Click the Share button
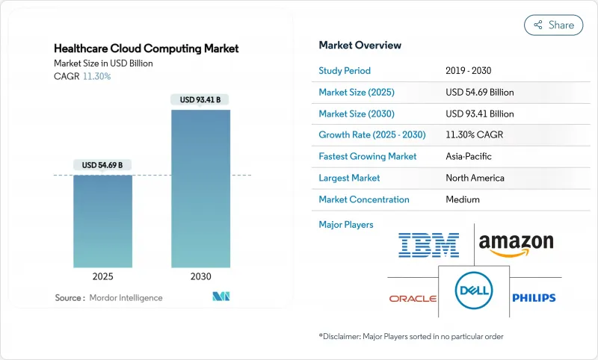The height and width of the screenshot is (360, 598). click(x=553, y=25)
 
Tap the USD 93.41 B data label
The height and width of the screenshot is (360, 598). click(x=200, y=99)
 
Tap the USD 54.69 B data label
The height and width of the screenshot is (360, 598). click(x=102, y=164)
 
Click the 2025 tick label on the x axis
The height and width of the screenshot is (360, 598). click(x=102, y=276)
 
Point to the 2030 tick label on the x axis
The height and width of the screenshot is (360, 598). click(x=200, y=276)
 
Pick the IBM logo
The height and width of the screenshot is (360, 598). click(x=428, y=244)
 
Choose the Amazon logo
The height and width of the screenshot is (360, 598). click(x=516, y=244)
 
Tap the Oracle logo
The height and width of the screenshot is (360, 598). click(x=413, y=298)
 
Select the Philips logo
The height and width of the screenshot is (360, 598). click(x=534, y=298)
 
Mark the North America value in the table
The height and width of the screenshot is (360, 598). click(x=475, y=178)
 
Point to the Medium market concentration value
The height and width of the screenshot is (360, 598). click(x=463, y=199)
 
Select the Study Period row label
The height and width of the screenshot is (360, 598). click(x=345, y=71)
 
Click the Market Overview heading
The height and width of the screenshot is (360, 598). click(x=361, y=45)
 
